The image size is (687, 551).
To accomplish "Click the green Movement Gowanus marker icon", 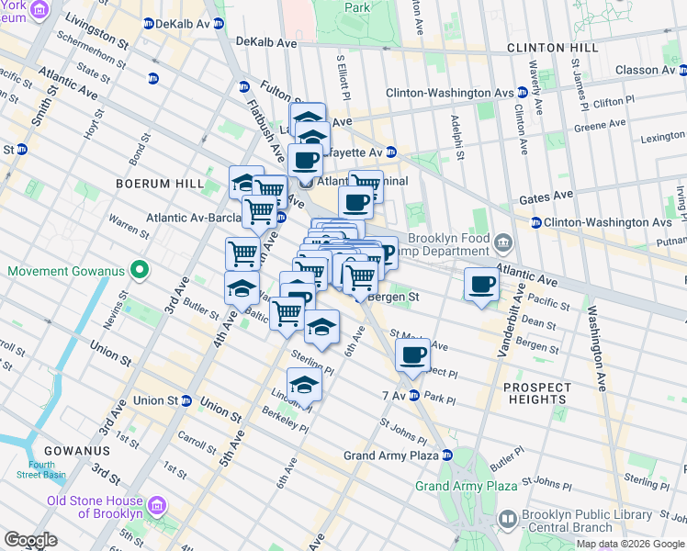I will tap(139, 271).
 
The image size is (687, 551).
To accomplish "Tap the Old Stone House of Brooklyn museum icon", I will tap(157, 506).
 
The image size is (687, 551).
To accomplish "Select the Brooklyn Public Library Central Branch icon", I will tap(508, 520).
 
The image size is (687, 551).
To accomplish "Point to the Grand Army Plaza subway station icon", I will tap(446, 455).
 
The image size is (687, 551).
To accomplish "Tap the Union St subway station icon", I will tap(186, 400).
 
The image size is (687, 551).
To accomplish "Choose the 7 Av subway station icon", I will tap(414, 396).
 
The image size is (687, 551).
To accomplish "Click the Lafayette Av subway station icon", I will tap(391, 152).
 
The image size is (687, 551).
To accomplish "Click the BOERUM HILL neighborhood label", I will tap(158, 184).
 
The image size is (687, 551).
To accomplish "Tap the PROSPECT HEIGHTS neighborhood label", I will tap(535, 393).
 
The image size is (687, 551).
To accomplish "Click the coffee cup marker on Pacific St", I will tap(481, 284).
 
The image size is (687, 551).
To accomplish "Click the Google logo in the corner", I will tap(31, 540).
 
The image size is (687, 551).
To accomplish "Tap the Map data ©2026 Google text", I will tap(629, 544).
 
